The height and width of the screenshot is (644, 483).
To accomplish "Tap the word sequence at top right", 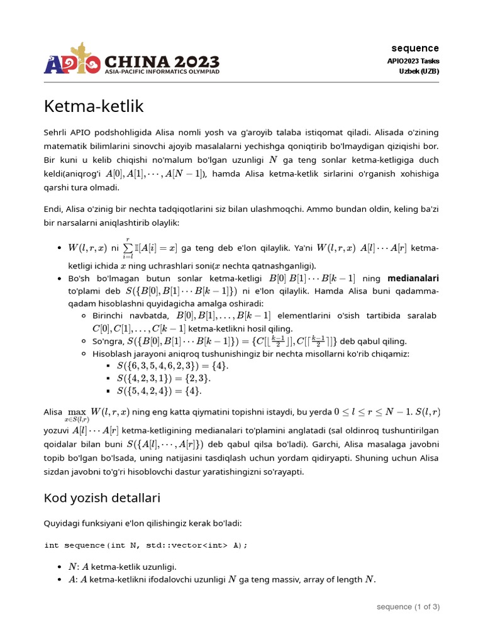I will (x=415, y=48).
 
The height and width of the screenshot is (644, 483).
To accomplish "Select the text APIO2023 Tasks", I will (x=413, y=61).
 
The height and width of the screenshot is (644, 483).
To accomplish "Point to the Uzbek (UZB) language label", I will (x=419, y=71).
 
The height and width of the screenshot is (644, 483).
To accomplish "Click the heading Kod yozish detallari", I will (x=102, y=498).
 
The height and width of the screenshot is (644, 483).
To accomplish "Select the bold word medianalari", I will (x=413, y=278).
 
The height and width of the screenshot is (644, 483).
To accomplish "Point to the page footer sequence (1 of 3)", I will (x=408, y=607).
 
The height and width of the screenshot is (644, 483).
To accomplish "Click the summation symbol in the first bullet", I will (x=126, y=248).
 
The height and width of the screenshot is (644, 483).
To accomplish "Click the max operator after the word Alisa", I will (x=77, y=413).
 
